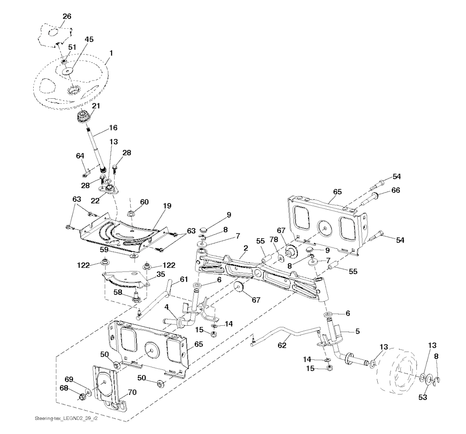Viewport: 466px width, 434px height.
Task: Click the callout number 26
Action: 66,16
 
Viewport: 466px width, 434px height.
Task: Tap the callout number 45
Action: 89,40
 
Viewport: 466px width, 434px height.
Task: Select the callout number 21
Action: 96,106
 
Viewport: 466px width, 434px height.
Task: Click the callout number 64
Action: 80,156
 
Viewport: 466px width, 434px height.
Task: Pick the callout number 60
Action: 144,202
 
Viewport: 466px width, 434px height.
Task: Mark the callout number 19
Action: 167,206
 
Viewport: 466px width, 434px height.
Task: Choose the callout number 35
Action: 161,274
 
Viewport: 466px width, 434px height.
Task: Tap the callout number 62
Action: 282,346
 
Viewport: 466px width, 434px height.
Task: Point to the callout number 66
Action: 395,190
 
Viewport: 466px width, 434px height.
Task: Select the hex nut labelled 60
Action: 130,212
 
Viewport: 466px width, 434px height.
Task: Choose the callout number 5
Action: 357,331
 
